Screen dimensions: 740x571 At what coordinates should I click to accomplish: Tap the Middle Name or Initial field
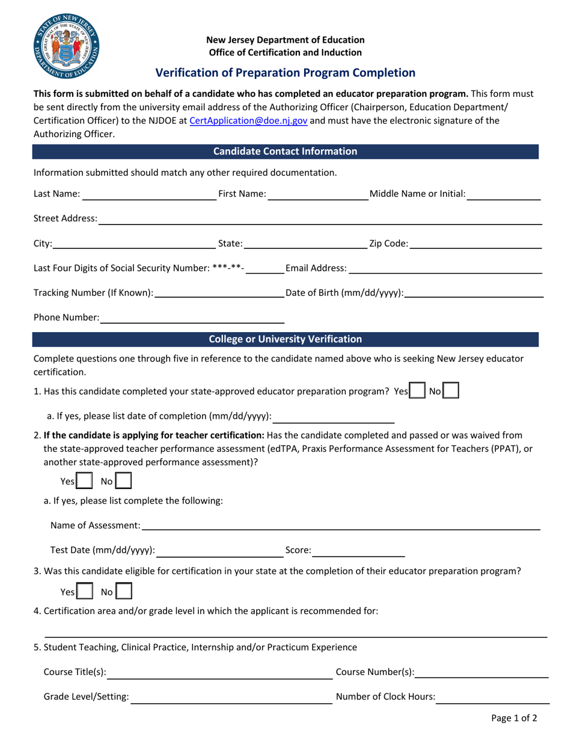pyautogui.click(x=504, y=194)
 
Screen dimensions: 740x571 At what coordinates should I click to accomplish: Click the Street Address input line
pyautogui.click(x=319, y=218)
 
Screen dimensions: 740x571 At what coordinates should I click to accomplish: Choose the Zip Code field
pyautogui.click(x=475, y=244)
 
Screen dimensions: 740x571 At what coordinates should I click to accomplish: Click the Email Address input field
pyautogui.click(x=445, y=268)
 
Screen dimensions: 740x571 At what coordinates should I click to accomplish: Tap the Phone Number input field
pyautogui.click(x=192, y=317)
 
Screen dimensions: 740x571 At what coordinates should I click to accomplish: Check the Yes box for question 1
pyautogui.click(x=415, y=392)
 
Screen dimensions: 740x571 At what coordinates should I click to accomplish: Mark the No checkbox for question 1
pyautogui.click(x=451, y=392)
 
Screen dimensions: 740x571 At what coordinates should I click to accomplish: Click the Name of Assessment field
pyautogui.click(x=340, y=526)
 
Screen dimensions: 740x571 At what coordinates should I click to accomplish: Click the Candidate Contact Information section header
pyautogui.click(x=285, y=152)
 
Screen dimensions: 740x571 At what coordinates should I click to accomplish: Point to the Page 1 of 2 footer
pyautogui.click(x=514, y=718)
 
